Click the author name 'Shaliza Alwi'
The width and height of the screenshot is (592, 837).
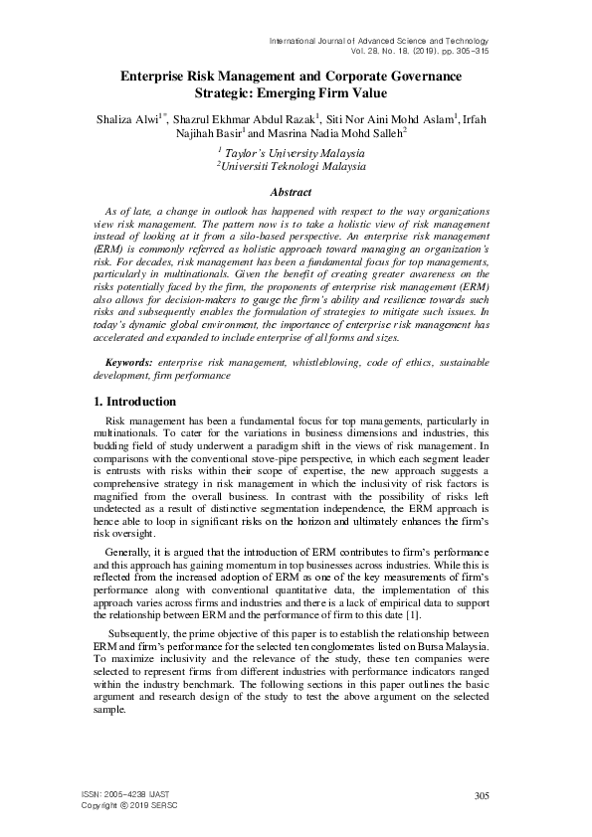129,116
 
